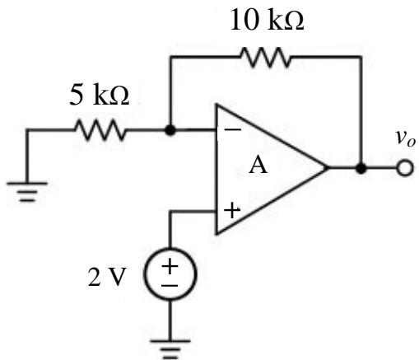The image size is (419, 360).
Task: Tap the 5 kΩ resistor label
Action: [99, 95]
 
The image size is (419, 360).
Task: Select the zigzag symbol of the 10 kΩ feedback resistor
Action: [265, 57]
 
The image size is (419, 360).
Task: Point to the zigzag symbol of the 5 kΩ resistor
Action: [100, 130]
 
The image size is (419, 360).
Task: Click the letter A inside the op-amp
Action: [258, 166]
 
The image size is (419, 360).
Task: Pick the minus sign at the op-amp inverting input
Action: [232, 129]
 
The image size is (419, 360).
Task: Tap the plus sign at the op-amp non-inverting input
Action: [232, 210]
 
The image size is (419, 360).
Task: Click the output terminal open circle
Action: [405, 167]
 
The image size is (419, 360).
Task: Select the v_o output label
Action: [405, 138]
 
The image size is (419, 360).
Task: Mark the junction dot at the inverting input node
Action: [170, 130]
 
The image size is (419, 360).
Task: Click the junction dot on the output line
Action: [361, 168]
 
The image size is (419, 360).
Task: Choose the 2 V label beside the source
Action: [106, 277]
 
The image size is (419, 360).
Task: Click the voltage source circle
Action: [170, 274]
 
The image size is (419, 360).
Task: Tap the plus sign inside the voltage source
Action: [170, 266]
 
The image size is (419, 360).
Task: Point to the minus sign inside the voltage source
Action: [170, 286]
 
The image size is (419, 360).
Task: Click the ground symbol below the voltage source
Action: [170, 349]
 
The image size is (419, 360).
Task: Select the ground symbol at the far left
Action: [27, 192]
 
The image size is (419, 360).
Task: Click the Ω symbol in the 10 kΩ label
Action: [294, 21]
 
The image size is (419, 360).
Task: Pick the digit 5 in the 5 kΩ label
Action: [76, 95]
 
